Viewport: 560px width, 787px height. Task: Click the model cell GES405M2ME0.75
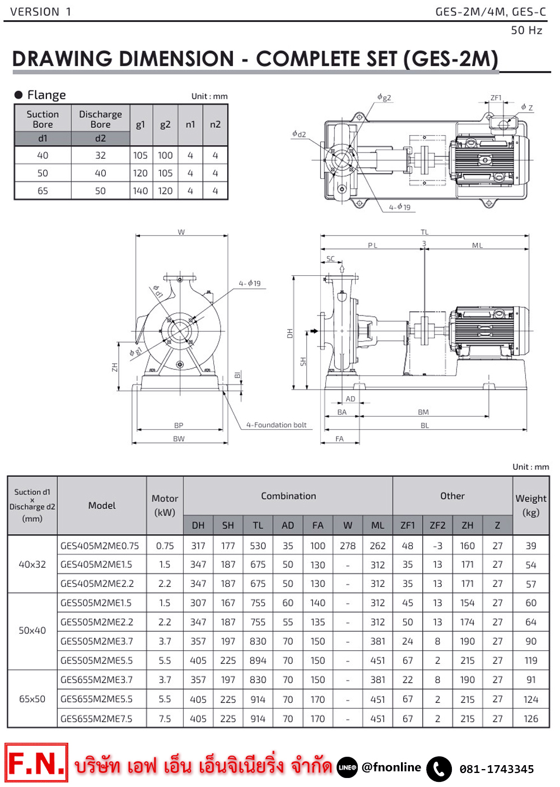coord(100,545)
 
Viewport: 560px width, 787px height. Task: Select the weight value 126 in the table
coord(531,719)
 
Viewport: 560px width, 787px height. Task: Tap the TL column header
coord(258,525)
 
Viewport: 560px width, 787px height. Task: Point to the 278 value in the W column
coord(348,545)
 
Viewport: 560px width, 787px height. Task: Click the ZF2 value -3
coord(437,545)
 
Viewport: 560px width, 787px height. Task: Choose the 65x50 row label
coord(32,699)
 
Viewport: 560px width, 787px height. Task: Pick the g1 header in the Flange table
coord(141,124)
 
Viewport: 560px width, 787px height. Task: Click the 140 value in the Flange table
coord(141,191)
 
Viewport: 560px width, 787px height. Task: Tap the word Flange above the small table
coord(46,95)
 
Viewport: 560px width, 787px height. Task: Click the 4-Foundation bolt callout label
coord(277,425)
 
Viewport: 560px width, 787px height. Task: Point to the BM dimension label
coord(423,412)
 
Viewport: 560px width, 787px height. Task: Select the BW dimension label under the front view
coord(179,439)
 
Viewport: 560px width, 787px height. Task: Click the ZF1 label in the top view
coord(496,98)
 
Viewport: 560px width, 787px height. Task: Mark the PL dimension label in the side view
coord(373,246)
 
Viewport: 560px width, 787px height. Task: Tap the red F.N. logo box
coord(36,763)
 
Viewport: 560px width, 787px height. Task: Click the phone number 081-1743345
coord(497,769)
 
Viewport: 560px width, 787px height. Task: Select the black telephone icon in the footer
coord(439,769)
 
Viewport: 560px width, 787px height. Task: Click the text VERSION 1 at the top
coord(41,12)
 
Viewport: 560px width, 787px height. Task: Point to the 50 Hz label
coord(526,30)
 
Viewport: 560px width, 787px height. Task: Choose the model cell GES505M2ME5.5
coord(96,660)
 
